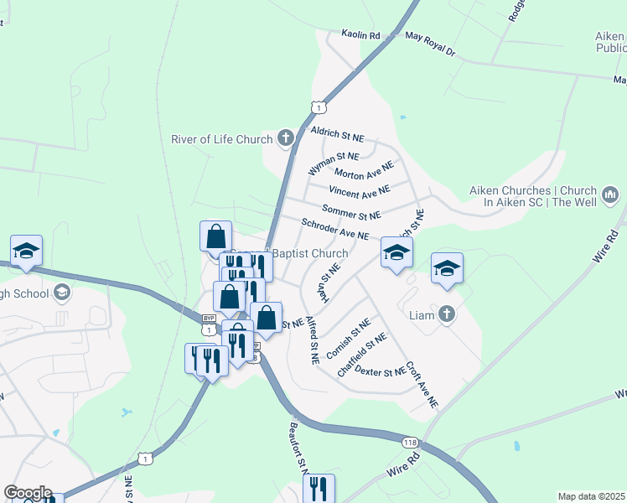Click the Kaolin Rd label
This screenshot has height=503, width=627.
360,35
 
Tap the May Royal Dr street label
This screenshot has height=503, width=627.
429,44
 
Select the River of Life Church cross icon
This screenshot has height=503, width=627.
286,139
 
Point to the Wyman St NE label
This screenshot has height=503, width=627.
333,163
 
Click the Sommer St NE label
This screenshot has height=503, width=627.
351,210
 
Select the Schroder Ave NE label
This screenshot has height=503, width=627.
335,229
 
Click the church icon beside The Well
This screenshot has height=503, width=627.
609,195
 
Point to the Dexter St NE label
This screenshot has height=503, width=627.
382,371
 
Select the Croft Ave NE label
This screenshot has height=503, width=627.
422,385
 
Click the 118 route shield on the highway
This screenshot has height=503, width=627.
410,443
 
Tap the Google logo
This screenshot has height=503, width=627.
27,493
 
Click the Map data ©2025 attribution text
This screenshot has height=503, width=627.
591,496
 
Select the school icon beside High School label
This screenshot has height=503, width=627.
60,292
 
